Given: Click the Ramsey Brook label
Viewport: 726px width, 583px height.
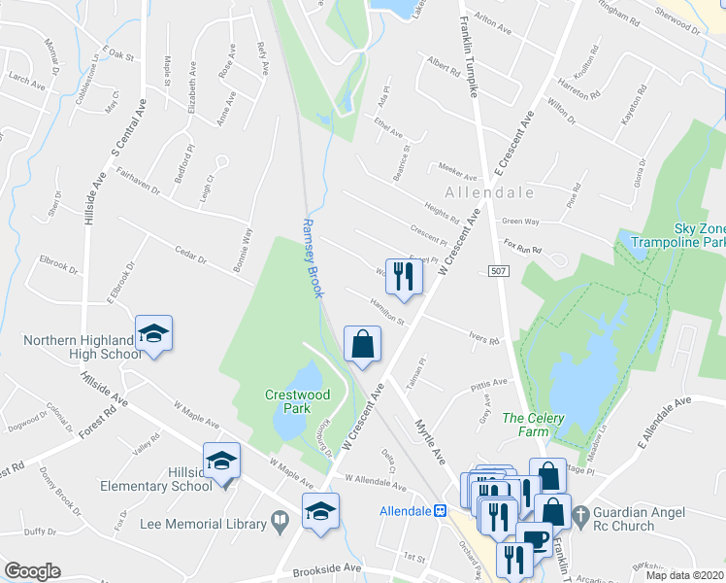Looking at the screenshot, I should [310, 257].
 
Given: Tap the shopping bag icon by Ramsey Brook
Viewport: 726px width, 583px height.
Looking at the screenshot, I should [362, 344].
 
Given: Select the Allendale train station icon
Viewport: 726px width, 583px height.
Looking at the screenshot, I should [440, 510].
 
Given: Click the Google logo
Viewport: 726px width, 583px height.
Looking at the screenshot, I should [32, 571].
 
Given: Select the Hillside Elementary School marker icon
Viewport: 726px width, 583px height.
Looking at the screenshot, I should [221, 462].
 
